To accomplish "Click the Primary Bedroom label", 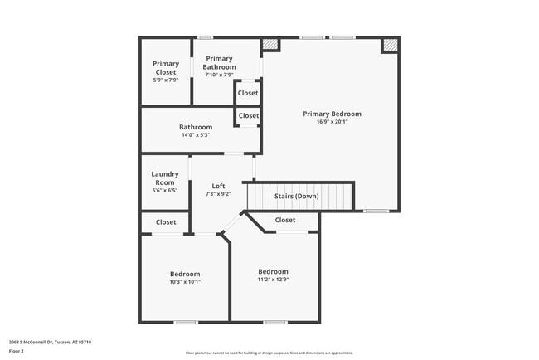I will click(332, 114).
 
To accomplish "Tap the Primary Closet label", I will click(166, 68).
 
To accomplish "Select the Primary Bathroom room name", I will click(220, 63).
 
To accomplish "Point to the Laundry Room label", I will click(164, 178).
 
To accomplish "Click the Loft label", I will click(218, 186).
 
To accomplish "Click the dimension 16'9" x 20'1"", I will click(332, 122).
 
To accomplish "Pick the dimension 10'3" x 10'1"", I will click(185, 282).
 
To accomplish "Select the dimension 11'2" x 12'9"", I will click(273, 280).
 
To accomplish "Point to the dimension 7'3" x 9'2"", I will click(218, 194).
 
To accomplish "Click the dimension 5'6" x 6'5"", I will click(164, 191).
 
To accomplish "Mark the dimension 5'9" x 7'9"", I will click(166, 80).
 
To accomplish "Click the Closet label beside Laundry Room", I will click(166, 222).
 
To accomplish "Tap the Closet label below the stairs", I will click(285, 221).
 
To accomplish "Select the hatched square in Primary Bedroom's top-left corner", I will click(269, 46).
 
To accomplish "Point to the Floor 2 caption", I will click(17, 351).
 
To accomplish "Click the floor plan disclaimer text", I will click(269, 352).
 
